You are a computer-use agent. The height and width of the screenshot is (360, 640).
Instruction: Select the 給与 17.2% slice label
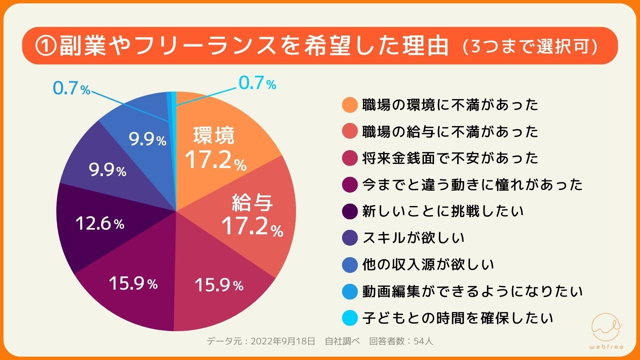(252, 215)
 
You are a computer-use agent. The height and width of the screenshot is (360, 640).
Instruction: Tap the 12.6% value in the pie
(100, 223)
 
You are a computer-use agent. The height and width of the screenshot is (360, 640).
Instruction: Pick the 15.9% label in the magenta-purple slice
(133, 284)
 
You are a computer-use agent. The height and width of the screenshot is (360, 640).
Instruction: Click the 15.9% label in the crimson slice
(219, 285)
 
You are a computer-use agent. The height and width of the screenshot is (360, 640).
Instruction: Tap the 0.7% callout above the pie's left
(71, 88)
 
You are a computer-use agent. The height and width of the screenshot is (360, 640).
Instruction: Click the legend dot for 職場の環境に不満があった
(350, 105)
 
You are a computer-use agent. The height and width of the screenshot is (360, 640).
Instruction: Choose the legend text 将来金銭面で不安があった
(450, 158)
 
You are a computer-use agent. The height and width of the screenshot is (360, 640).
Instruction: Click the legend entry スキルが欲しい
(413, 238)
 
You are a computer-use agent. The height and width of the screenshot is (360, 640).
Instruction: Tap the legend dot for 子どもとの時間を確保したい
(350, 318)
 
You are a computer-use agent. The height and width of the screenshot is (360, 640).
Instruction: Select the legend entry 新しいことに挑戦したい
(443, 211)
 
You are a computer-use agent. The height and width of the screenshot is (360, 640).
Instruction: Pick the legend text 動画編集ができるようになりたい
(472, 291)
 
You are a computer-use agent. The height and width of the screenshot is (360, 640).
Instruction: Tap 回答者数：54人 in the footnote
(401, 341)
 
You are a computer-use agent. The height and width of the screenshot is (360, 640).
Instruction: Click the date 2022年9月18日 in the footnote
(283, 341)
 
